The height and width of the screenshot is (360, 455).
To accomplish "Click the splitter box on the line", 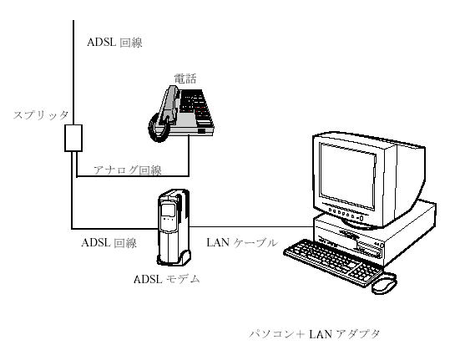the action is pyautogui.click(x=73, y=138).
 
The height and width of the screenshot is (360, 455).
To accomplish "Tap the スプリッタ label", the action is pyautogui.click(x=41, y=115).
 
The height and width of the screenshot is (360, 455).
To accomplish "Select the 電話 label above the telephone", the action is pyautogui.click(x=185, y=79).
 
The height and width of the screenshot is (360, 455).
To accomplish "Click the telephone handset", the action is pyautogui.click(x=169, y=104).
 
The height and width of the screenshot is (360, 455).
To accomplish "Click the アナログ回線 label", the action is pyautogui.click(x=128, y=170).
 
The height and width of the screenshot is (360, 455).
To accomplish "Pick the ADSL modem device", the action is pyautogui.click(x=174, y=227).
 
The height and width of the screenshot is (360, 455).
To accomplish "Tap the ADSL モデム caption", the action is pyautogui.click(x=167, y=279).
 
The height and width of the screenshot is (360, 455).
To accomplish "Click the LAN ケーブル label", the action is pyautogui.click(x=242, y=242).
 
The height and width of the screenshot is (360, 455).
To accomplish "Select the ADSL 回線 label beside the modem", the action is pyautogui.click(x=109, y=243).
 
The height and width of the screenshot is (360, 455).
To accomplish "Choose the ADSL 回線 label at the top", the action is pyautogui.click(x=114, y=43).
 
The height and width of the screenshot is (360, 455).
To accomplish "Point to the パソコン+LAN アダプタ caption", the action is pyautogui.click(x=314, y=334).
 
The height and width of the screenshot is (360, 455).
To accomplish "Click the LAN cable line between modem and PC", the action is pyautogui.click(x=252, y=226).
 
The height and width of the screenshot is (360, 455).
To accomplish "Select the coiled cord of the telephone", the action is pyautogui.click(x=158, y=128).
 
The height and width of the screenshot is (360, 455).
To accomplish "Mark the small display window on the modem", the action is pyautogui.click(x=168, y=210).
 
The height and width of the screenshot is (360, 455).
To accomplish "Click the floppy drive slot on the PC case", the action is pyautogui.click(x=368, y=251).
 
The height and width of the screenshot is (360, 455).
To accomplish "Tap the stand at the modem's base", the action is pyautogui.click(x=174, y=259).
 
